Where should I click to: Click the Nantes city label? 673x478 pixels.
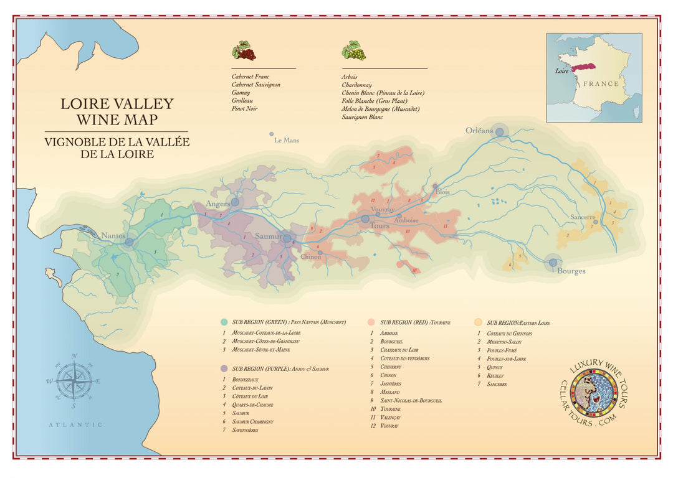click(x=113, y=236)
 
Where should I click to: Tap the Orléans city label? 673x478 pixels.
click(x=479, y=131)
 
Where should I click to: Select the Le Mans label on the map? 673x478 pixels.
click(x=287, y=141)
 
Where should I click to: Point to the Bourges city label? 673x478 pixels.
click(x=571, y=271)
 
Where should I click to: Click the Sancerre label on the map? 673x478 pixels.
click(x=583, y=218)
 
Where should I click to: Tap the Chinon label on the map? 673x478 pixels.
click(x=311, y=257)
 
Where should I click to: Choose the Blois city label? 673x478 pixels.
click(x=442, y=192)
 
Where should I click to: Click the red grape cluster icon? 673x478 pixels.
click(x=244, y=50)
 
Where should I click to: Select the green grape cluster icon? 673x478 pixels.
click(x=353, y=50)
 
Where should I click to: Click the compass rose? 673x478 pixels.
click(x=74, y=381)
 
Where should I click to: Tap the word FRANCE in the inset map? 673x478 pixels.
click(x=601, y=83)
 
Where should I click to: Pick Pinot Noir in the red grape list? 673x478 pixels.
click(x=244, y=109)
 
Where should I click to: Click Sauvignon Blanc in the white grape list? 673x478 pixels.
click(x=362, y=117)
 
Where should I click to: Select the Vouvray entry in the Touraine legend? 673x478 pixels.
click(x=389, y=426)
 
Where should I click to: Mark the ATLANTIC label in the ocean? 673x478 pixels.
click(x=76, y=424)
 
